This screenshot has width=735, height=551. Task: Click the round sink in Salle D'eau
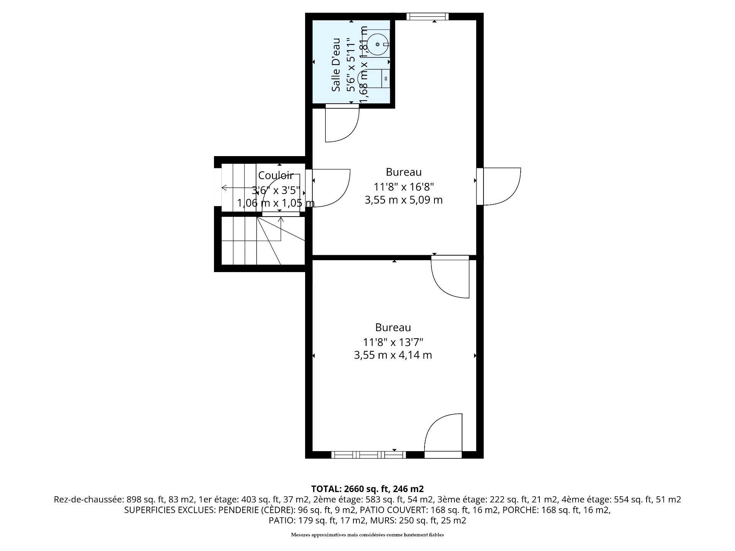[x=378, y=44]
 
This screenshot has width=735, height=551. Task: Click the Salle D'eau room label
[x=336, y=65]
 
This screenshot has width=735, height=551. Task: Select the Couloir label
[x=276, y=175]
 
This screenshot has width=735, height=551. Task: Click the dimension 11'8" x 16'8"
[x=403, y=187]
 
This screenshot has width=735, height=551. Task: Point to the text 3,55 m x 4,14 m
[x=393, y=355]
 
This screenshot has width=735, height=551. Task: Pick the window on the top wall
[x=427, y=16]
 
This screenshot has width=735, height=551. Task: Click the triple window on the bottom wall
[x=368, y=455]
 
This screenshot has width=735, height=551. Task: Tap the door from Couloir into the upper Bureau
[x=330, y=188]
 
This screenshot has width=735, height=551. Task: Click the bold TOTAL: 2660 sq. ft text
[x=367, y=489]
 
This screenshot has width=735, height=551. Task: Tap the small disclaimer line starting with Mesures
[x=367, y=535]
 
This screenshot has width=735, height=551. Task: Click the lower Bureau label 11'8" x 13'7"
[x=393, y=341]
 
